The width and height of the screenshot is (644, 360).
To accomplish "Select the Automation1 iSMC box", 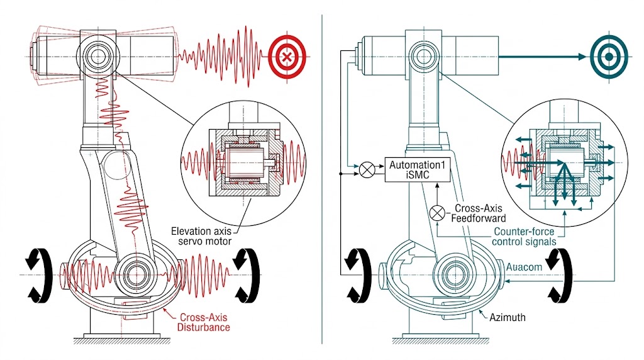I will click(x=418, y=169).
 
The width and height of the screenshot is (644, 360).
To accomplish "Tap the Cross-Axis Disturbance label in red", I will click(x=204, y=322).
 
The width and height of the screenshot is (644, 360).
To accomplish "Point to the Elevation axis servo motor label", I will click(x=201, y=236).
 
